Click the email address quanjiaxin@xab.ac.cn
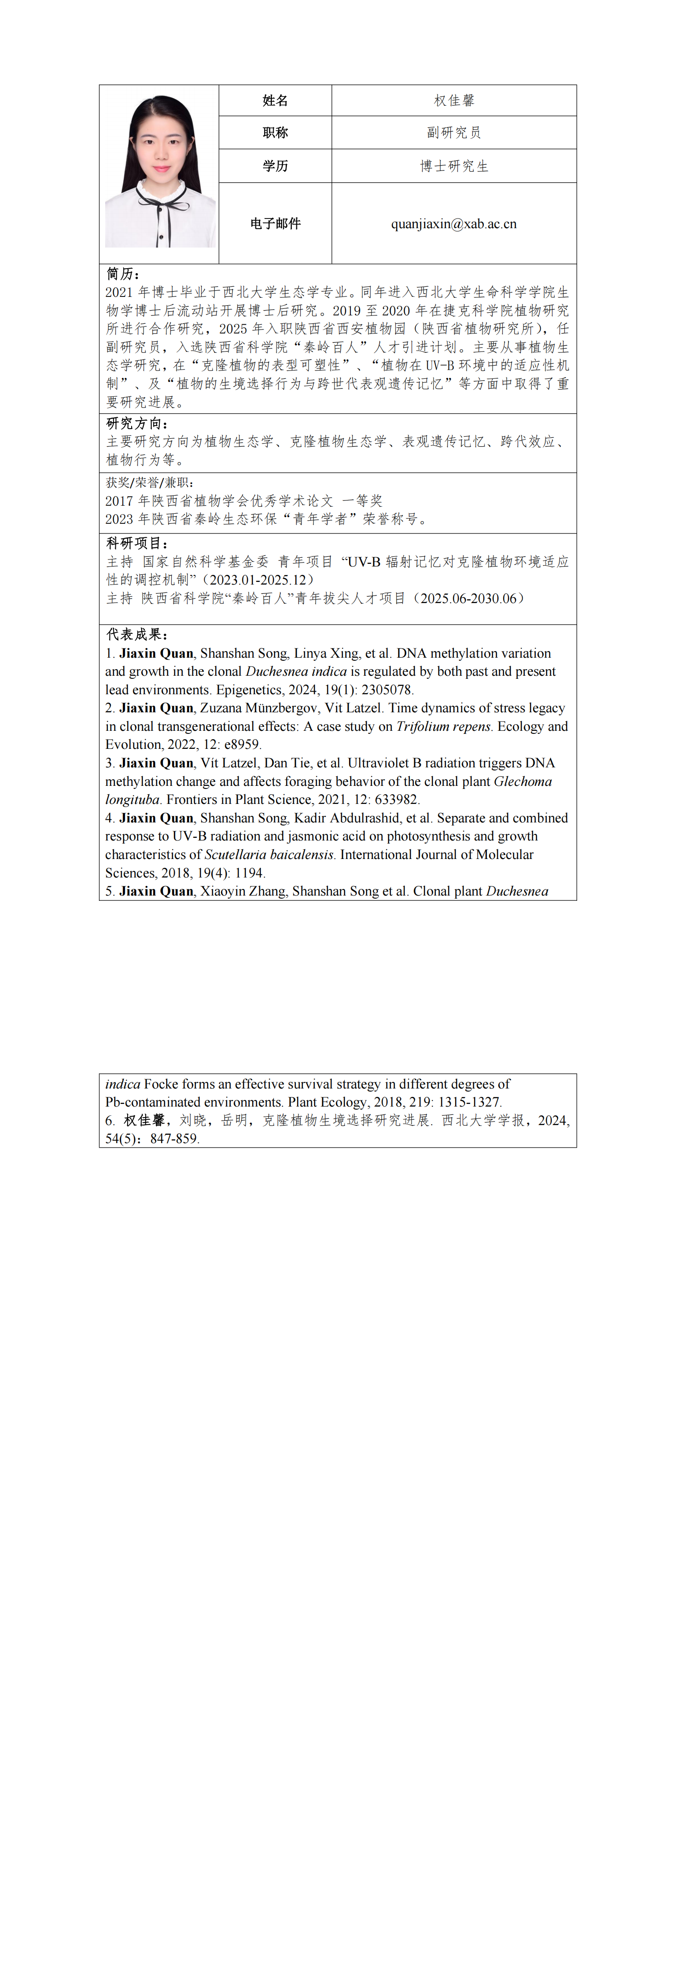click(453, 224)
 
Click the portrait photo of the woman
click(160, 173)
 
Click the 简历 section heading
click(123, 274)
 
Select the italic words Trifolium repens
click(443, 726)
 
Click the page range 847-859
click(174, 1139)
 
